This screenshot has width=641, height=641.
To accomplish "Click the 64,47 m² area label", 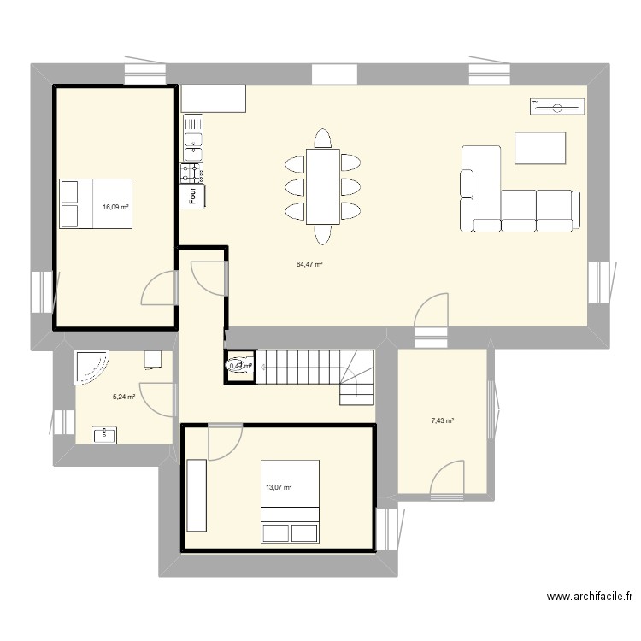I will [x=309, y=265].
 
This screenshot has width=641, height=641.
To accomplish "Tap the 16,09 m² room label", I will [x=115, y=207].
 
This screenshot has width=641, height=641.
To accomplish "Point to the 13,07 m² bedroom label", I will [x=279, y=487].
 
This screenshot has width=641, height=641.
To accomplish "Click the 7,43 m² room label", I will [x=443, y=420].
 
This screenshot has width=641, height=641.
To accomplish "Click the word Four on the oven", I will [x=193, y=196].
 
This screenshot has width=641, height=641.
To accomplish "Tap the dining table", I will [x=322, y=185].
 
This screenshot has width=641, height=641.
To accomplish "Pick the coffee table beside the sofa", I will [x=539, y=148].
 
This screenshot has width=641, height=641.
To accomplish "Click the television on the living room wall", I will [x=556, y=106].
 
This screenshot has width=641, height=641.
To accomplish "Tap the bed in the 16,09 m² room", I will [x=96, y=204].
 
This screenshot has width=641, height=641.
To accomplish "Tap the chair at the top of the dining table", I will [x=322, y=138].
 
